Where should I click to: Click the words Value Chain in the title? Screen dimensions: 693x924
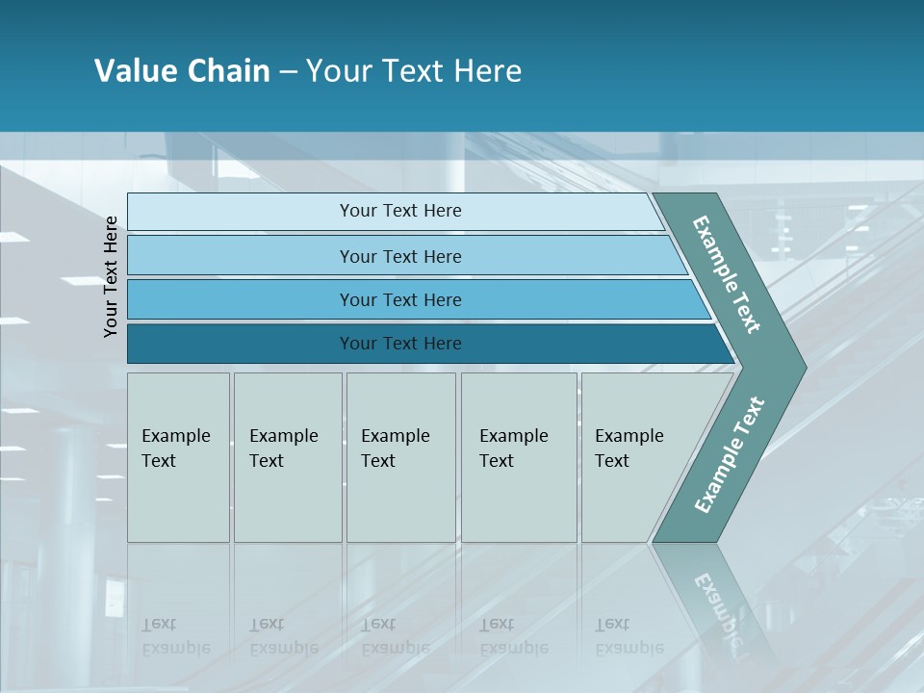point(182,71)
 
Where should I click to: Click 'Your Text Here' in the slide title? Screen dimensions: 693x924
point(414,71)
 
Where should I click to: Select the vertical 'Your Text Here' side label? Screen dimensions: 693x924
point(111,276)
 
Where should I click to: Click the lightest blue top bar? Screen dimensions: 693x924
point(400,211)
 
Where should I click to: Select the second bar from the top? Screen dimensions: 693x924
point(400,256)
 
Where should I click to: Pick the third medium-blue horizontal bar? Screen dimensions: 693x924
point(400,299)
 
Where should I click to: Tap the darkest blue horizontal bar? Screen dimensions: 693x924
point(400,344)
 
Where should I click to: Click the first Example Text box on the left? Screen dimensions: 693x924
point(178,457)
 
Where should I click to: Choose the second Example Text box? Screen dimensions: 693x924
point(288,457)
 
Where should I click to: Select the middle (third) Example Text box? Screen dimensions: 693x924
point(400,457)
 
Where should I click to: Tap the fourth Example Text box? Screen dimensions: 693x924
point(519,457)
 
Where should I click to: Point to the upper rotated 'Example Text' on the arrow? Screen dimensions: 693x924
point(727,275)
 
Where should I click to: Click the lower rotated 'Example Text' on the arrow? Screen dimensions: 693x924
point(729,454)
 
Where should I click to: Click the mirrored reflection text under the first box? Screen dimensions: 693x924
point(175,636)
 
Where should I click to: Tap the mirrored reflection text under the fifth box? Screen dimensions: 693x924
point(629,636)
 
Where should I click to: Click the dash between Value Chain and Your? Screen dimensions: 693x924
point(288,72)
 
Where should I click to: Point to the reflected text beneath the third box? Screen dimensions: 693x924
point(395,636)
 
